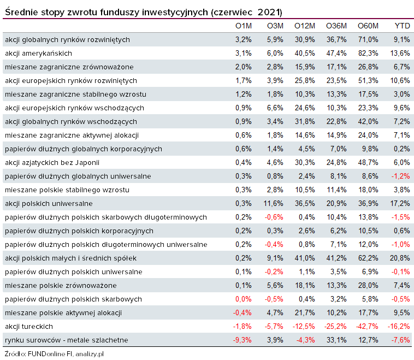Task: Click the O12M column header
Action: coord(305,26)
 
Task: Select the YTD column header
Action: coord(402,26)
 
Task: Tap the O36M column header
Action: coord(336,26)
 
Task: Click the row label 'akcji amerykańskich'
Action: coord(38,53)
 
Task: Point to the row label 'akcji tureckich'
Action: coord(28,326)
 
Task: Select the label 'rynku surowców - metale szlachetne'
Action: coord(66,340)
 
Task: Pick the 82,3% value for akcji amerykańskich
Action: coord(368,53)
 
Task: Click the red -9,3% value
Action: coord(243,340)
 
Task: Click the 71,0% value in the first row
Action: coord(368,39)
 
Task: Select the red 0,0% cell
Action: coord(243,299)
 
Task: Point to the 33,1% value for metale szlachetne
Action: coord(336,340)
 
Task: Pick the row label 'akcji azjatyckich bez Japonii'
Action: coord(52,162)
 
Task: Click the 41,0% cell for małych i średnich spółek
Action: coord(305,258)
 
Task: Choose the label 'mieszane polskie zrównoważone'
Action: coord(61,285)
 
